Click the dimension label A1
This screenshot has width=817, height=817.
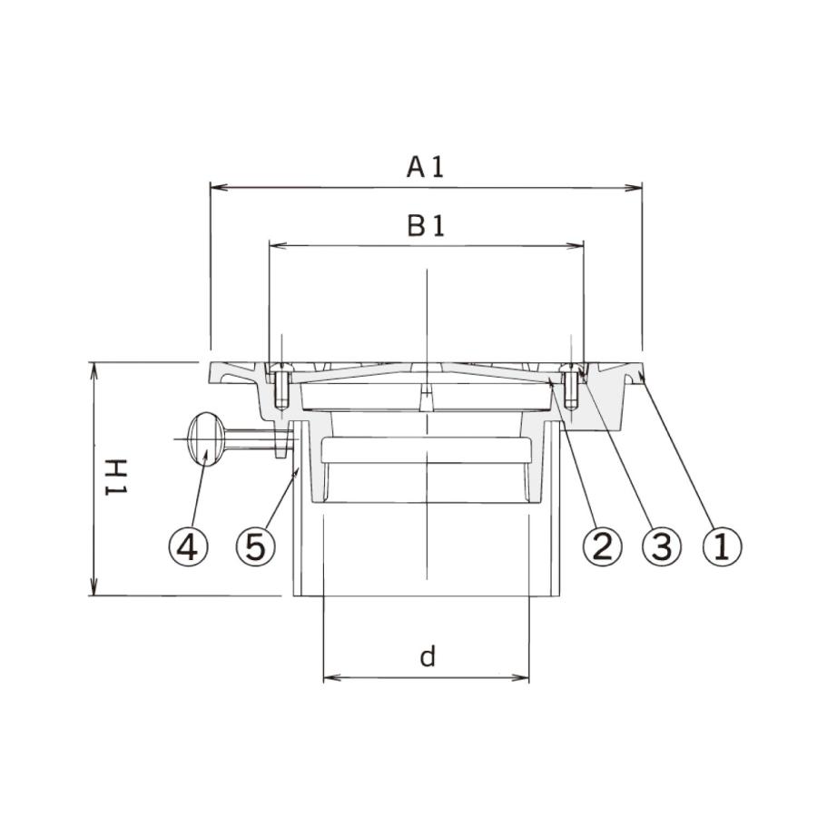click(425, 168)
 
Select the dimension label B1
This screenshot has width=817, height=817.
click(426, 226)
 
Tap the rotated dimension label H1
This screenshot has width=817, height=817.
click(117, 477)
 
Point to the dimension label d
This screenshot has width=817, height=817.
click(428, 656)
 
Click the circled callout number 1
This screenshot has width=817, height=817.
click(723, 546)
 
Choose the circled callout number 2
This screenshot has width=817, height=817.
click(603, 546)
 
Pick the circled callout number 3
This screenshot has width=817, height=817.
click(662, 546)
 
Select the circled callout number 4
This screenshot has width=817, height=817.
click(188, 546)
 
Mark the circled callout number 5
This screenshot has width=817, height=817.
click(255, 546)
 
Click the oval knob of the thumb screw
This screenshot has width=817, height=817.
click(206, 439)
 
